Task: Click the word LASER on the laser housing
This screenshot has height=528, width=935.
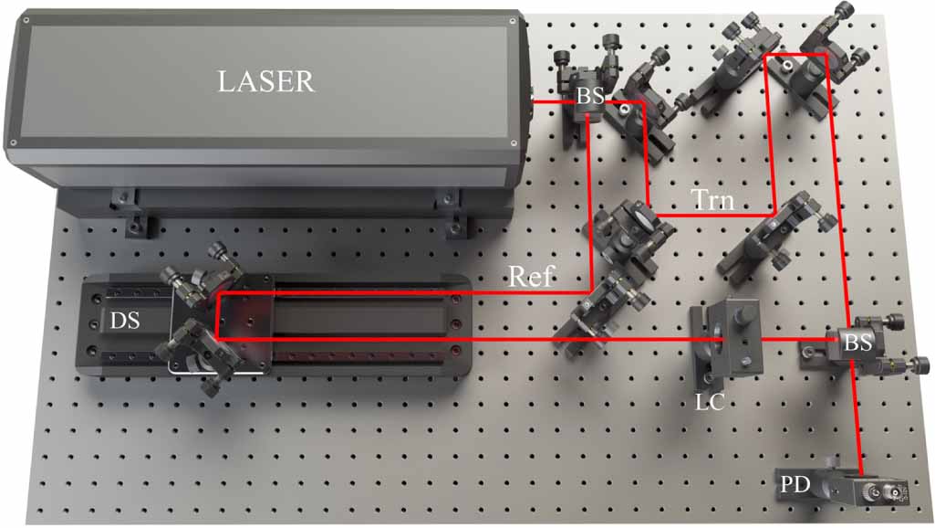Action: point(265,81)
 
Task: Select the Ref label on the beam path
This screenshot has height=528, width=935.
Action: point(531,277)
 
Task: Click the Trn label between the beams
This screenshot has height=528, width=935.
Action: point(712,200)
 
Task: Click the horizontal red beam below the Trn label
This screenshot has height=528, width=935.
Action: point(712,216)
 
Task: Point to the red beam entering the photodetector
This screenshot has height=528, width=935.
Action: point(857,420)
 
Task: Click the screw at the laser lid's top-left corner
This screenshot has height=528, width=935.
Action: point(26,18)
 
